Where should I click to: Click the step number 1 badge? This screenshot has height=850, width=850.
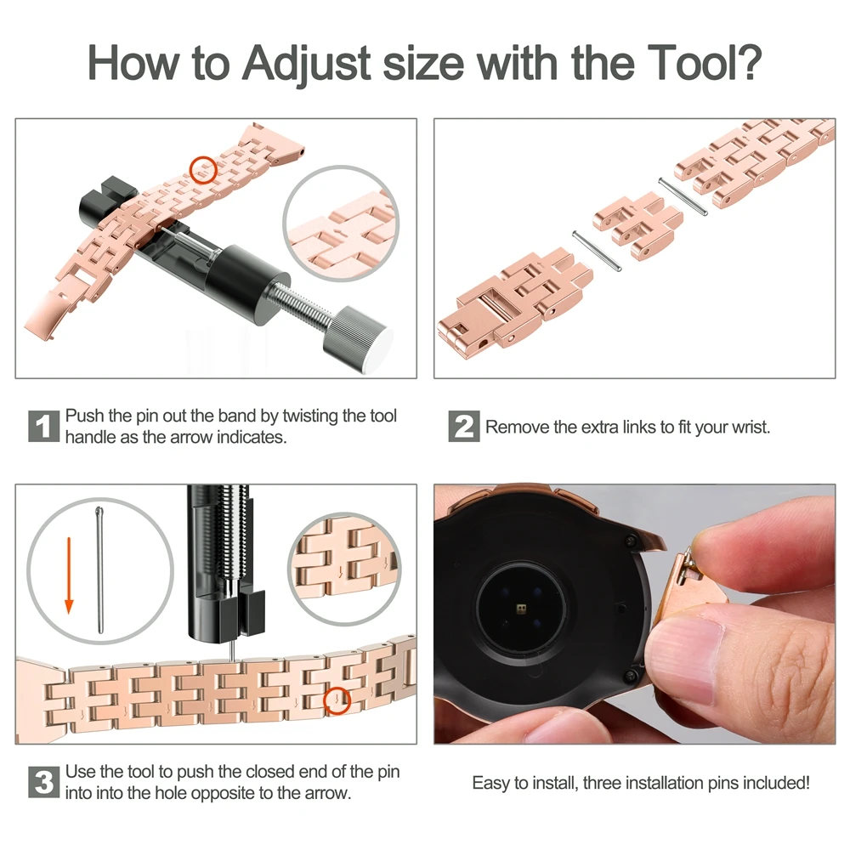pyautogui.click(x=43, y=426)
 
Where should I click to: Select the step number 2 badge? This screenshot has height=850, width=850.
pyautogui.click(x=463, y=426)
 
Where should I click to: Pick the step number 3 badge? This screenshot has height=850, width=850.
pyautogui.click(x=43, y=782)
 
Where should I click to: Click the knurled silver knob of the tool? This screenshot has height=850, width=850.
pyautogui.click(x=357, y=338)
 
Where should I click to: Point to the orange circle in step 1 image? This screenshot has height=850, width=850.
pyautogui.click(x=203, y=170)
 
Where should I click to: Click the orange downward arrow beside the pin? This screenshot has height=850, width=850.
pyautogui.click(x=69, y=575)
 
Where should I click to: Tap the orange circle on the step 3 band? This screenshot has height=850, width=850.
pyautogui.click(x=337, y=700)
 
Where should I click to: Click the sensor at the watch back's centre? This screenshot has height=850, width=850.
pyautogui.click(x=522, y=609)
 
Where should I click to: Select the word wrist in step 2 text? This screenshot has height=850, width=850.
pyautogui.click(x=750, y=428)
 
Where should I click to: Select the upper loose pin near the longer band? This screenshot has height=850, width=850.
pyautogui.click(x=683, y=196)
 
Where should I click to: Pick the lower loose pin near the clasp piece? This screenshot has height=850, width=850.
pyautogui.click(x=597, y=250)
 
